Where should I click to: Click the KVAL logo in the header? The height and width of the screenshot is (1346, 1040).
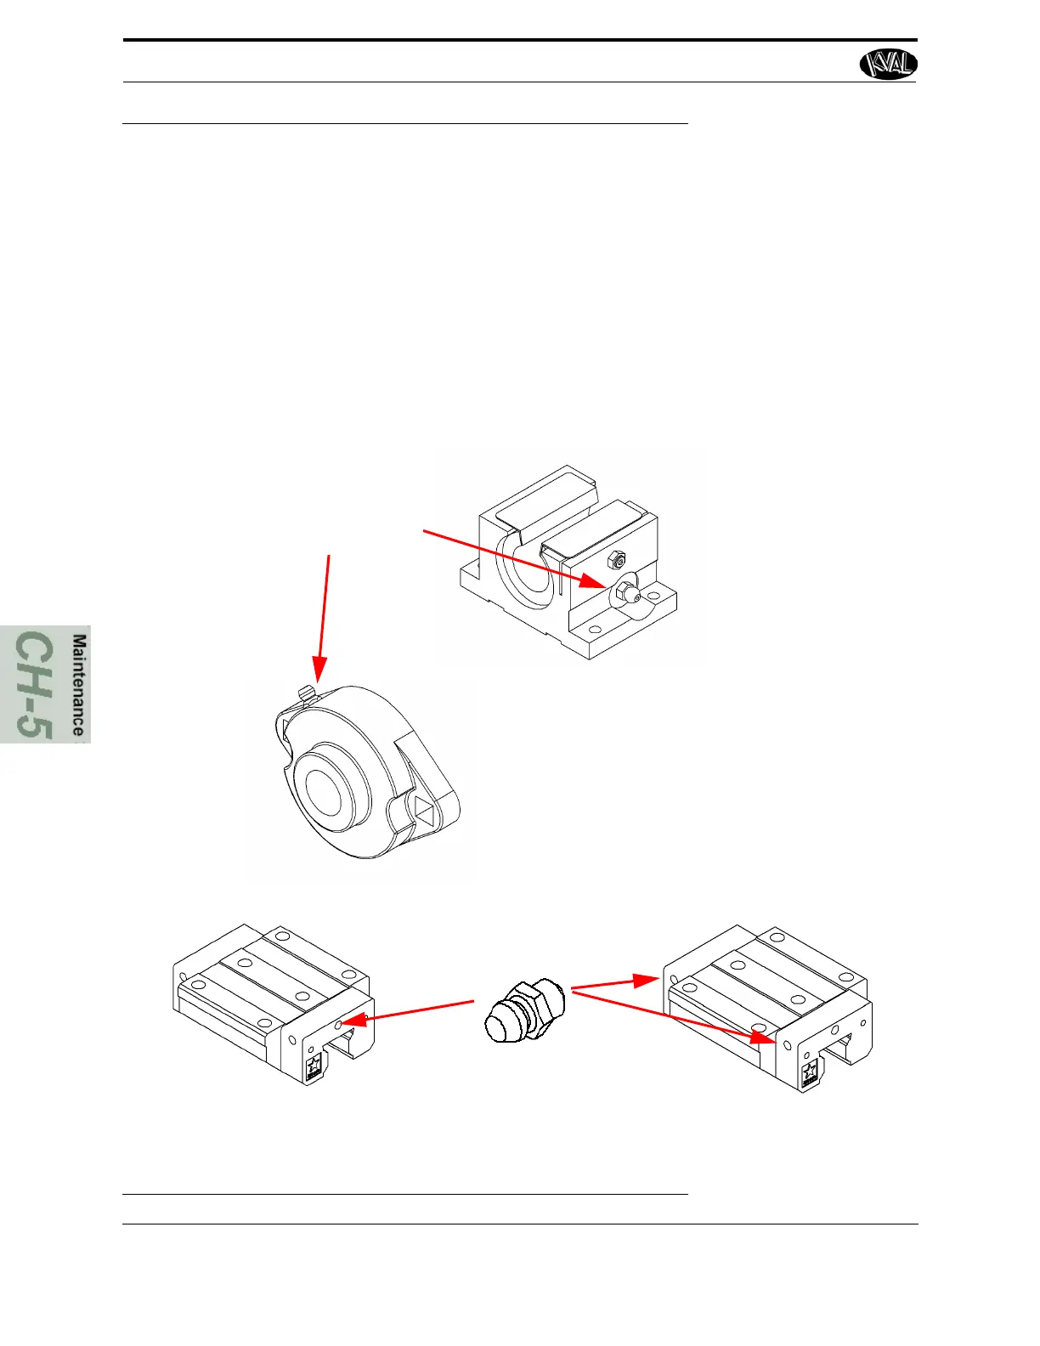[889, 64]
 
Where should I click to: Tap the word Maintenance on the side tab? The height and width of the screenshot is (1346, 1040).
[79, 685]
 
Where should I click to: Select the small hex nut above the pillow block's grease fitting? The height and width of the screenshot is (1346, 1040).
[618, 561]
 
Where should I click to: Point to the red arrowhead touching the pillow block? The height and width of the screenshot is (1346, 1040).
[596, 582]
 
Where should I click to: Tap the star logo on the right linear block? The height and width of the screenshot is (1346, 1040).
[811, 1072]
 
